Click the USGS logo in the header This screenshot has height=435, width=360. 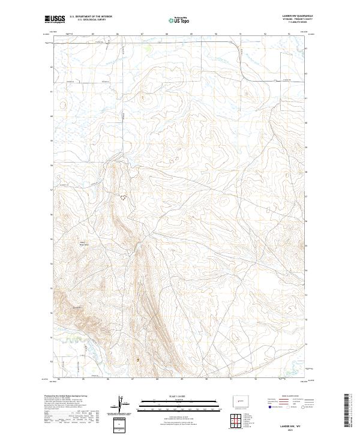pyautogui.click(x=55, y=20)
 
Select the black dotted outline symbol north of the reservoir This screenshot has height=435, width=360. pyautogui.click(x=124, y=197)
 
